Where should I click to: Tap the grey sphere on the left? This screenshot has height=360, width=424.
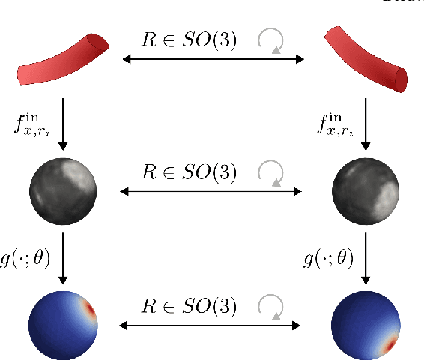[64, 187]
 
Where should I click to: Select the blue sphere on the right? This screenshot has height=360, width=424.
[365, 325]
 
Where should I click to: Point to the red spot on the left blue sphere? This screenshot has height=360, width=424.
[90, 310]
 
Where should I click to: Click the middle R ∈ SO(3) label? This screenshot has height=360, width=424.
[190, 172]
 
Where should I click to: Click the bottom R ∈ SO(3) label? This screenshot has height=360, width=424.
[190, 307]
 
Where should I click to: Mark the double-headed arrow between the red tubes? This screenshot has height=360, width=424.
[213, 58]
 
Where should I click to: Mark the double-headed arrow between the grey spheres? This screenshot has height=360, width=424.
[213, 192]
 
